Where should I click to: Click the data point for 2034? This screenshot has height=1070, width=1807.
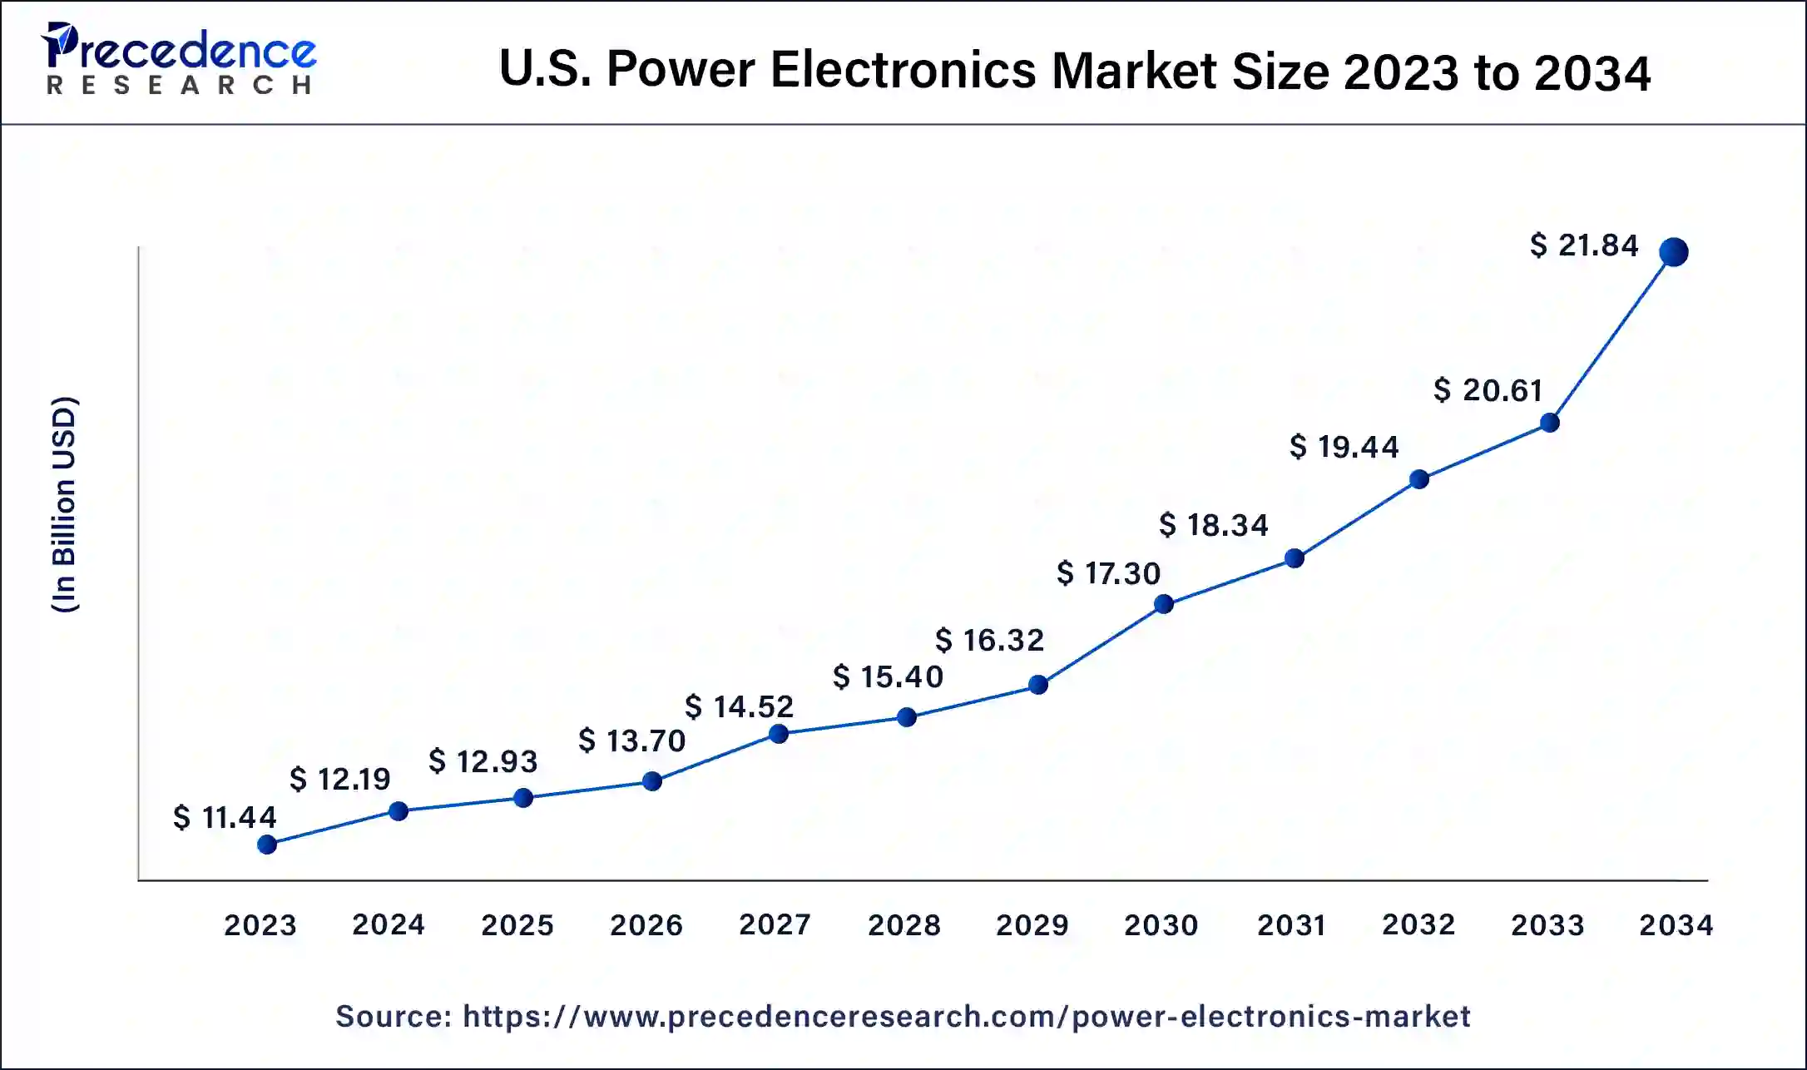(x=1673, y=251)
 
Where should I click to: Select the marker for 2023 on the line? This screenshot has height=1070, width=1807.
(x=267, y=845)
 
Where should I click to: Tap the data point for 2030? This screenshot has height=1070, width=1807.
(x=1164, y=604)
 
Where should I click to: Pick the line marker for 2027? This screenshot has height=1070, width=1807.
(x=779, y=734)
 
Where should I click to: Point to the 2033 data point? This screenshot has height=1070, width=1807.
(x=1549, y=423)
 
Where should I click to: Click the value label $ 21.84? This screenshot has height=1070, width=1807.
(x=1584, y=245)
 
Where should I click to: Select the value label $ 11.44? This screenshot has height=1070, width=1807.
(x=225, y=817)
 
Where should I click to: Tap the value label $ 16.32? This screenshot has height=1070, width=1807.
(x=989, y=640)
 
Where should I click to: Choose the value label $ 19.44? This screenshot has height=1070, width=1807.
(x=1344, y=447)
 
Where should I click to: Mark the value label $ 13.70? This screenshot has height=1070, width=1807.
(x=632, y=741)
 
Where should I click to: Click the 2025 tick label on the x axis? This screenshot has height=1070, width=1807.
(x=517, y=925)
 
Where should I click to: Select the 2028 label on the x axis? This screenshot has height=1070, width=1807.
(x=904, y=925)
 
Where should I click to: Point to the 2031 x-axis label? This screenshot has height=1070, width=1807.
(x=1291, y=925)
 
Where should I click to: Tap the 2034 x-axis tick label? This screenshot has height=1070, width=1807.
(x=1676, y=925)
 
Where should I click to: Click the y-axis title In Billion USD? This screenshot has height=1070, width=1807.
(x=64, y=505)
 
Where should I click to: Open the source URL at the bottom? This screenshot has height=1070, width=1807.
(x=966, y=1017)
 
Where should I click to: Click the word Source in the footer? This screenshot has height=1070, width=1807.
(x=394, y=1017)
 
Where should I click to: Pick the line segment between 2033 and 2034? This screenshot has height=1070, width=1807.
(x=1611, y=337)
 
